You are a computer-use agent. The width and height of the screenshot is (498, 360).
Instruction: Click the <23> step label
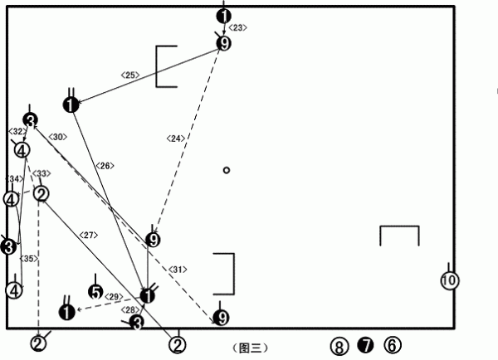pos(237,28)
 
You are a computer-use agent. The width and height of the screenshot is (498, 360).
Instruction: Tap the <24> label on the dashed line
pos(176,139)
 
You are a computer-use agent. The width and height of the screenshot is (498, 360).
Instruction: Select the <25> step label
pos(130,75)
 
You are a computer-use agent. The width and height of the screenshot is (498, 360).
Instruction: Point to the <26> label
pos(105,166)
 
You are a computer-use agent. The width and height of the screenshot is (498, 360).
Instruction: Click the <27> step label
pos(89,235)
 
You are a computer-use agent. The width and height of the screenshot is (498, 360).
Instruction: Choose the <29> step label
pos(115,297)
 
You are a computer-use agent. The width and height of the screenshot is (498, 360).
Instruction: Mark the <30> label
pos(57,136)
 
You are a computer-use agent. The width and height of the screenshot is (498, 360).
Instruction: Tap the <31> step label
pos(178,270)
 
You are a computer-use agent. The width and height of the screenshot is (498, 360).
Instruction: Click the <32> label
pos(16,131)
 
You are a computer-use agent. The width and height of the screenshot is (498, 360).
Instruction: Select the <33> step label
pos(41,173)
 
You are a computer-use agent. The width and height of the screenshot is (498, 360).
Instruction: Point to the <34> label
pos(13,179)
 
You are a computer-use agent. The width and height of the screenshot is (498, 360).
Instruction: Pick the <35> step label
pos(28,259)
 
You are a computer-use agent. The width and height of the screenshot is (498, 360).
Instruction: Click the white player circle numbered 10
pos(448,280)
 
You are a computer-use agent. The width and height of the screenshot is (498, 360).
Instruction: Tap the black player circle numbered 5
pos(96,292)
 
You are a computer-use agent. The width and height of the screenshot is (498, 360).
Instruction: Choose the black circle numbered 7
pos(365,344)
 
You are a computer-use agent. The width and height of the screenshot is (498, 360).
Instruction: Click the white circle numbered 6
pos(393,344)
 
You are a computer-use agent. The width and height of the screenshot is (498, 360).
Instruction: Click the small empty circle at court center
pos(226,171)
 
